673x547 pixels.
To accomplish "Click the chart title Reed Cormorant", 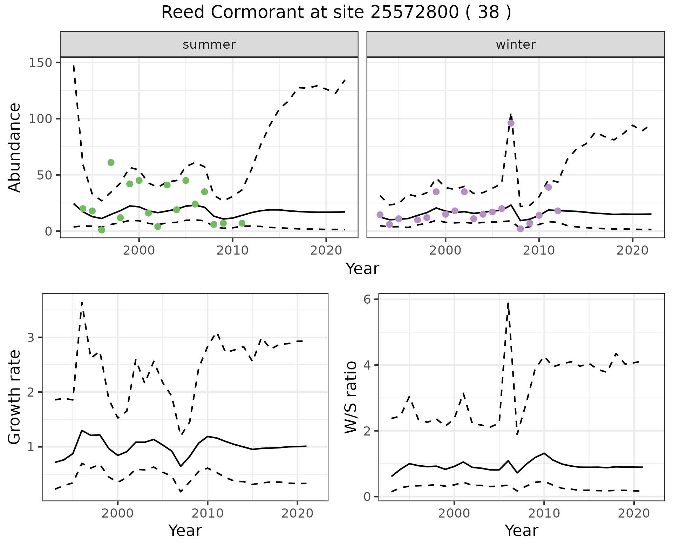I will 336,13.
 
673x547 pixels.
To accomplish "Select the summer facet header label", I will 209,45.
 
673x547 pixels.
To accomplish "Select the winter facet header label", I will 515,45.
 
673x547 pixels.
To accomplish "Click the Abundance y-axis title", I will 15,147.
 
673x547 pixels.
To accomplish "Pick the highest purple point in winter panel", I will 511,123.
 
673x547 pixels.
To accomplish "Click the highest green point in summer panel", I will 111,162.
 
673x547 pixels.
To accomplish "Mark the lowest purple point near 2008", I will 520,229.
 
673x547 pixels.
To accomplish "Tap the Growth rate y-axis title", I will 15,397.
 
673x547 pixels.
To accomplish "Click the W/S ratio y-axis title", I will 351,397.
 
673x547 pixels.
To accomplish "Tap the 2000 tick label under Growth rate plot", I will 118,513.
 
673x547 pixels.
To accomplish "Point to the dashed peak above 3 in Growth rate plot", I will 82,302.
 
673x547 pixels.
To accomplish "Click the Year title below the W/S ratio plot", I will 521,531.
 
